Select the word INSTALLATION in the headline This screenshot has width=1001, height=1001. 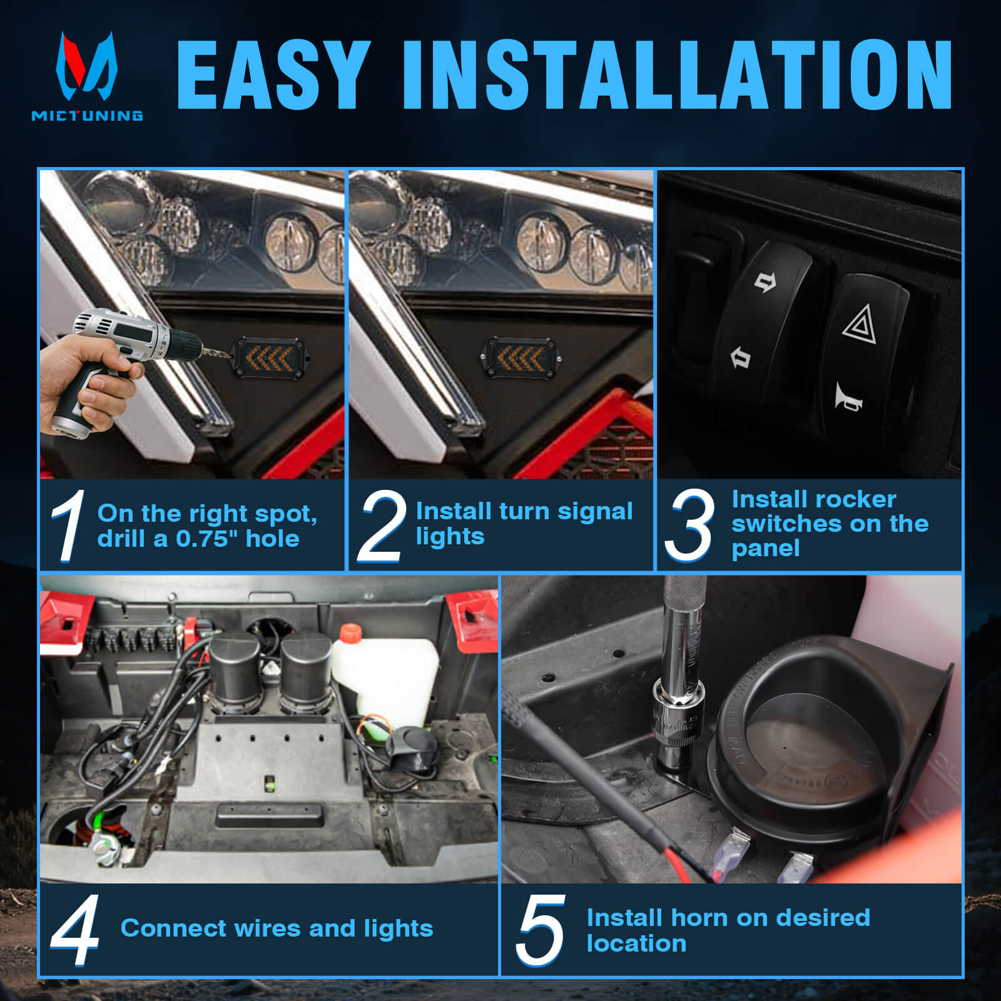click(677, 75)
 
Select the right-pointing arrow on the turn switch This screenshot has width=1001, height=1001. click(765, 282)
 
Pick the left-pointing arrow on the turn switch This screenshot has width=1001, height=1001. click(740, 358)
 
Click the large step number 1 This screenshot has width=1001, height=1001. click(69, 526)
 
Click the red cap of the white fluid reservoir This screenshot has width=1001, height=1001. click(350, 633)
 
